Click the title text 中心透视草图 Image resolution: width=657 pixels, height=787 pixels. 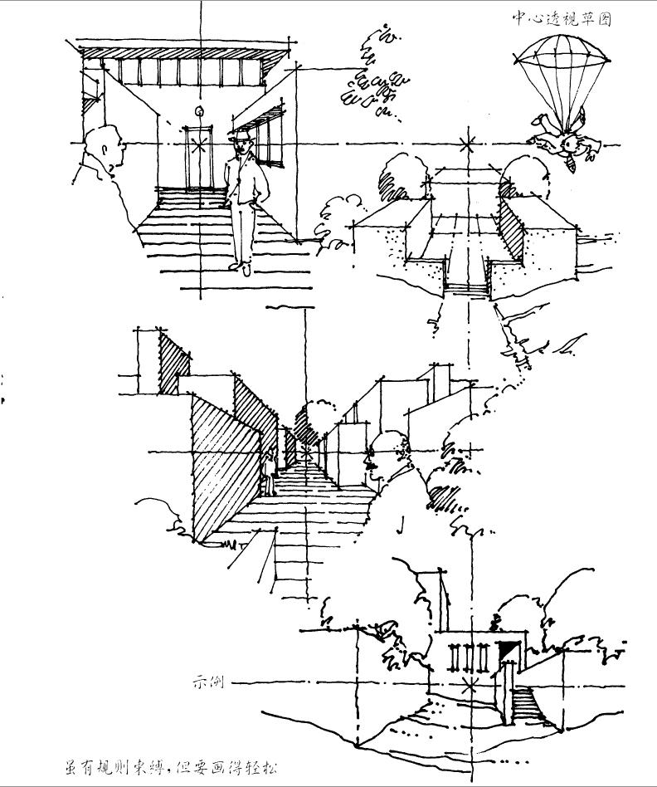[x=561, y=18]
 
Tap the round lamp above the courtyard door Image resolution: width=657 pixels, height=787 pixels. [x=198, y=112]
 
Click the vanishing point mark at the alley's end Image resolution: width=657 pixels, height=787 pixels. [x=306, y=453]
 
